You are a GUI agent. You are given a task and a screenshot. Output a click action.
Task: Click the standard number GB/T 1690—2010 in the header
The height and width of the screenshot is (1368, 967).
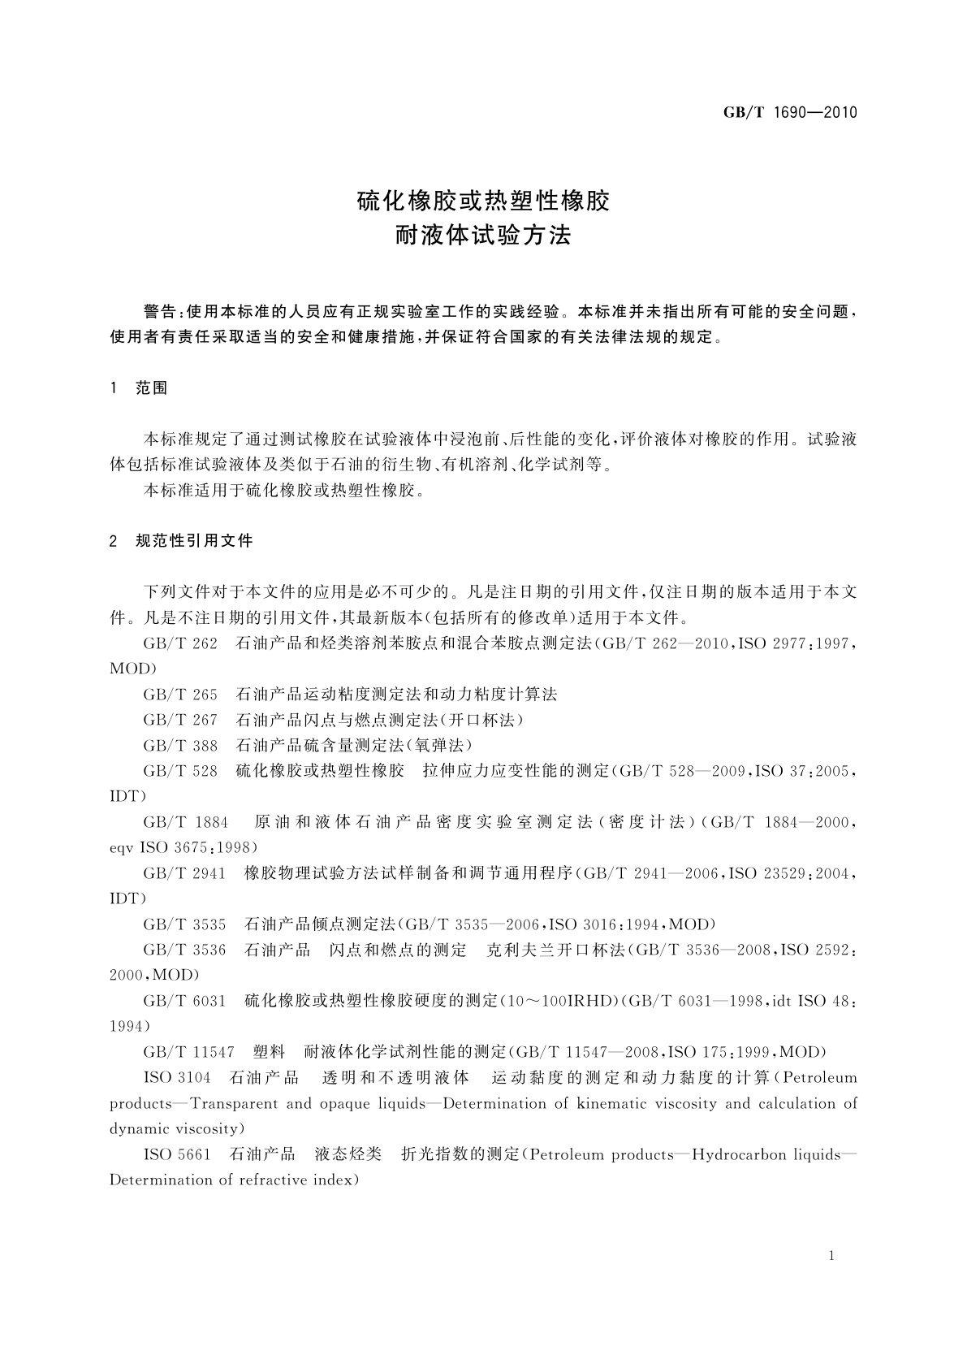click(x=790, y=113)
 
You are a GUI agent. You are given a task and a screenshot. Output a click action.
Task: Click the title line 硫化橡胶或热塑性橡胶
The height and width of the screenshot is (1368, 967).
click(x=484, y=201)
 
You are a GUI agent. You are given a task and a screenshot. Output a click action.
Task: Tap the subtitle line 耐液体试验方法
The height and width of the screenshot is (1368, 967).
click(x=484, y=236)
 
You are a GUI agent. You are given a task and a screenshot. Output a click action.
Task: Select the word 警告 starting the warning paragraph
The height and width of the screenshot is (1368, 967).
click(x=159, y=312)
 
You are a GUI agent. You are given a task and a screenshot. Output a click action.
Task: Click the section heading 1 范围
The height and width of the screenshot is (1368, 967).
click(x=139, y=388)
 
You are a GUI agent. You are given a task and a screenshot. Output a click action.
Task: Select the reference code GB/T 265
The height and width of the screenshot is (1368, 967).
click(x=180, y=695)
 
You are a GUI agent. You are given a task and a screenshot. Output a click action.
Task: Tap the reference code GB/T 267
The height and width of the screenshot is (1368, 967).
click(x=180, y=720)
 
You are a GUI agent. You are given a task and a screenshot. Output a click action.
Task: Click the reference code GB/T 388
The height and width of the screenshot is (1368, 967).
click(x=180, y=745)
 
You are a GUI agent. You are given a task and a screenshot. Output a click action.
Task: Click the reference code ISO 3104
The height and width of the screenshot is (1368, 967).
click(x=177, y=1078)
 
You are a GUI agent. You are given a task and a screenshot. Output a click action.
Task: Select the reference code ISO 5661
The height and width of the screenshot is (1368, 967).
click(x=177, y=1154)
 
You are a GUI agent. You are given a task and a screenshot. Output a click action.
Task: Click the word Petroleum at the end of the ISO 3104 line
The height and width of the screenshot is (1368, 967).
click(x=821, y=1078)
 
